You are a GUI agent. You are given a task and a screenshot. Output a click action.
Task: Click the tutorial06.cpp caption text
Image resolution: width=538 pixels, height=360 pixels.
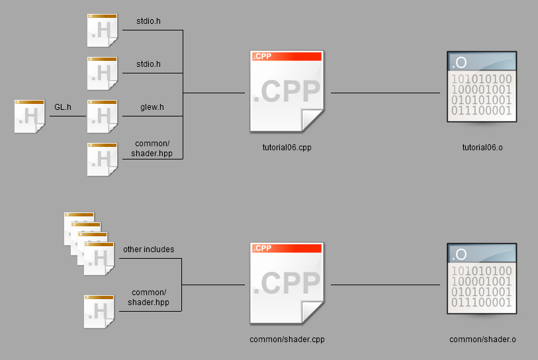tap(287, 148)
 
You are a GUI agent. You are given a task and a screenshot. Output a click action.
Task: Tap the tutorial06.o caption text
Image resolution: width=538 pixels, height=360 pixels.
tap(482, 148)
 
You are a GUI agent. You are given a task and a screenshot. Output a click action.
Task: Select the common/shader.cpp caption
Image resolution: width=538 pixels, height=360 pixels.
tap(287, 339)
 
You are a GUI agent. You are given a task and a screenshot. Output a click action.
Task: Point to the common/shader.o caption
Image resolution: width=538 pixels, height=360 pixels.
tap(482, 339)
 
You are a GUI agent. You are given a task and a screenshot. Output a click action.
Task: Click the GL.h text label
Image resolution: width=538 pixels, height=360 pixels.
tap(63, 106)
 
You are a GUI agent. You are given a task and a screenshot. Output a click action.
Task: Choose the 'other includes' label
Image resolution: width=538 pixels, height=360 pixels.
tap(149, 249)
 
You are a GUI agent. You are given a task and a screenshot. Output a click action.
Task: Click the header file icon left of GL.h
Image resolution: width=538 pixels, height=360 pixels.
tap(30, 116)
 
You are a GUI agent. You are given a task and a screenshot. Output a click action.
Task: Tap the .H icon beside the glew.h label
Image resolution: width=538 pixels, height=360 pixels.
tap(103, 116)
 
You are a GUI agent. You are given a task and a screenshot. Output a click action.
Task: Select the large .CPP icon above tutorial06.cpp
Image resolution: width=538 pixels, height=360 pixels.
tap(287, 91)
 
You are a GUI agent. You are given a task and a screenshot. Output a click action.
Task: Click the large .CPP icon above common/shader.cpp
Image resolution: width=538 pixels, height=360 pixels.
tap(287, 283)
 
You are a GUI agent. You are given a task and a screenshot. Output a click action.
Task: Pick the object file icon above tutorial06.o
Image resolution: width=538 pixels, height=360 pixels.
tap(482, 88)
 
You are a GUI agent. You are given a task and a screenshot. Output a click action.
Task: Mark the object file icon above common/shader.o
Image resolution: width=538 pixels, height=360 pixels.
tap(482, 280)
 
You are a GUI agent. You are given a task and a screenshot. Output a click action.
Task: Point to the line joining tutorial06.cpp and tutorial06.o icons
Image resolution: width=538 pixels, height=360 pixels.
tap(385, 93)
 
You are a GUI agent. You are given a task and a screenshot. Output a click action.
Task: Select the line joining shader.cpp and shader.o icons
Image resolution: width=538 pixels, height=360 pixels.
tap(385, 285)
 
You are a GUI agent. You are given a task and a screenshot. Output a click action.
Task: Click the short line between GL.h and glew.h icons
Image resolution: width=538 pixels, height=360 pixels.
tap(66, 116)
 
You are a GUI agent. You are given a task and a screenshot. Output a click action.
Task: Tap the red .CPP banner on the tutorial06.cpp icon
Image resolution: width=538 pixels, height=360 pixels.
tap(287, 57)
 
